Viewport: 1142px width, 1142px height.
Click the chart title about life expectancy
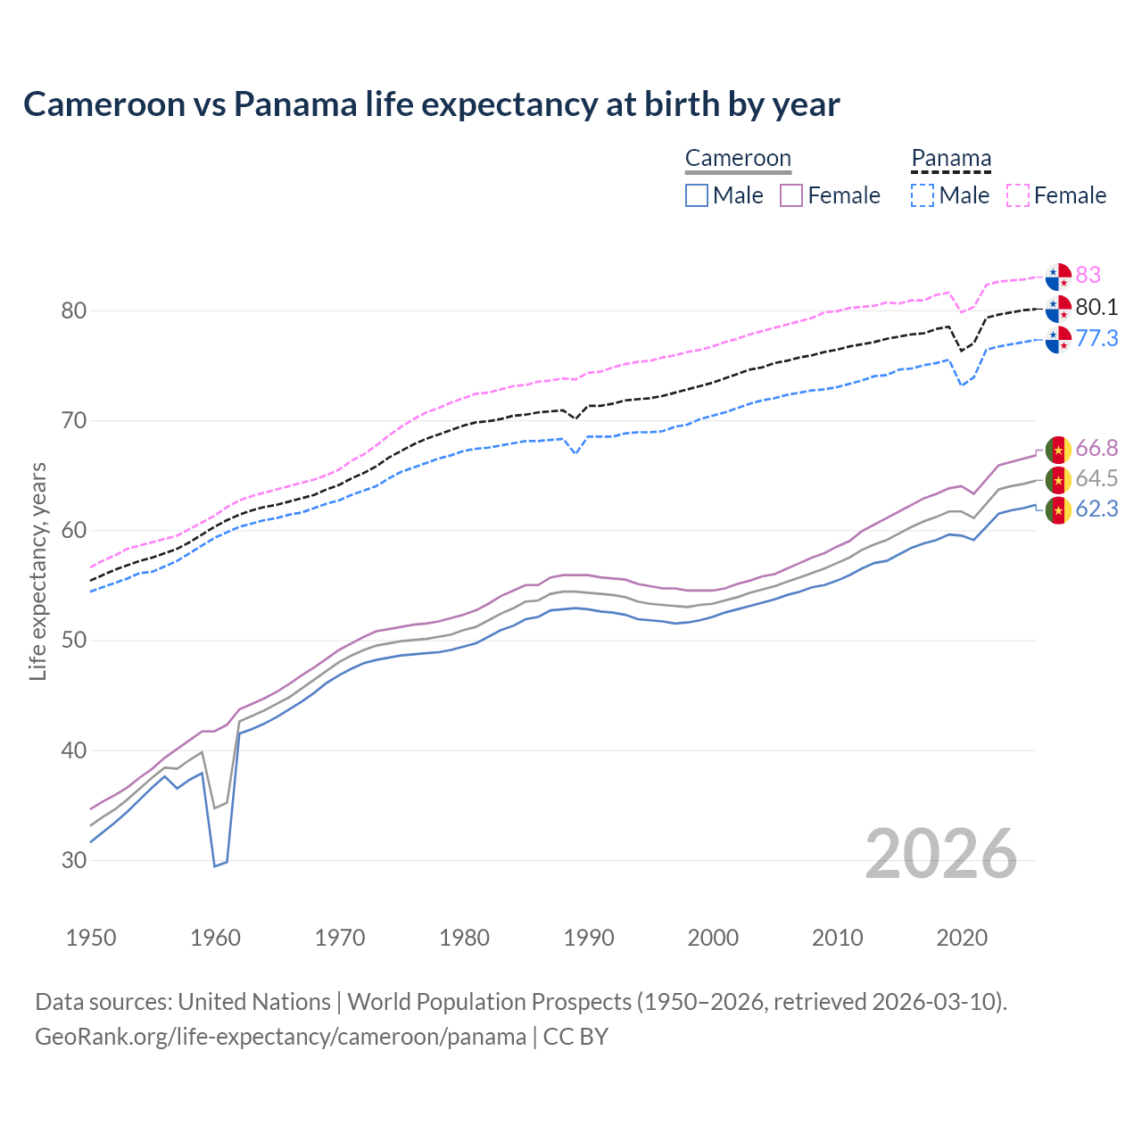coord(431,104)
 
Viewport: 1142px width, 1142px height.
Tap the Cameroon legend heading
coord(738,159)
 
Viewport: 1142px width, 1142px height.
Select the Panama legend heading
coord(951,159)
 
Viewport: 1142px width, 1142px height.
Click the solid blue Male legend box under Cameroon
coord(697,195)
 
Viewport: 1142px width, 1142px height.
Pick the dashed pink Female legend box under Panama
coord(1018,195)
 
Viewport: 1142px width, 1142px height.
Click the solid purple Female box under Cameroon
coord(792,195)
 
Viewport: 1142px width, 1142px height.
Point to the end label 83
coord(1088,275)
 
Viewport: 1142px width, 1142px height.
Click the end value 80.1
coord(1096,307)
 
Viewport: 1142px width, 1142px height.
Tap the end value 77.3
coord(1096,338)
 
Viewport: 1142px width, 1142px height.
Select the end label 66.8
coord(1096,448)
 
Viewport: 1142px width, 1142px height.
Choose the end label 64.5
coord(1096,478)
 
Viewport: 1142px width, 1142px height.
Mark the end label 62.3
coord(1096,509)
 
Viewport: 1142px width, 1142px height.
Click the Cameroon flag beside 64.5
coord(1058,480)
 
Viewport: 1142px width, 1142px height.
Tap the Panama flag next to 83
coord(1058,277)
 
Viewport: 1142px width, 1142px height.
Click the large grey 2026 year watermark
coord(940,854)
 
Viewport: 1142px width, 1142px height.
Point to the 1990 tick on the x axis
coord(589,938)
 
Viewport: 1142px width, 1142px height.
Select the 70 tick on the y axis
coord(74,420)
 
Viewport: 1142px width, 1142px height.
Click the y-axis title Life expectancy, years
coord(37,571)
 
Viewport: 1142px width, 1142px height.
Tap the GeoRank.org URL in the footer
coord(280,1037)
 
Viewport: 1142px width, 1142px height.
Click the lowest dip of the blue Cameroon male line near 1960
coord(215,865)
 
